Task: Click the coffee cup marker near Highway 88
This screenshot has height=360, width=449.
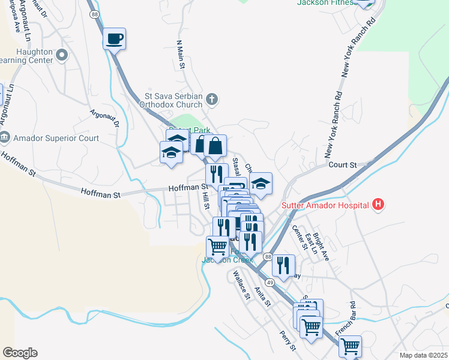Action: click(114, 40)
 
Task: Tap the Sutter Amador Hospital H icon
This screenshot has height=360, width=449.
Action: click(378, 205)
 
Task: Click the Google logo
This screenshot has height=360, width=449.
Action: click(20, 353)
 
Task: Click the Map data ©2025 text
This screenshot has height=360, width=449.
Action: click(423, 355)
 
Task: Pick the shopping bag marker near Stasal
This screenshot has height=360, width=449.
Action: click(215, 146)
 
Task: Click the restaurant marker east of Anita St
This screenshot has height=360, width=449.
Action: click(284, 266)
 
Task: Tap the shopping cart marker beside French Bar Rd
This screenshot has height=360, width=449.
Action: click(350, 346)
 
